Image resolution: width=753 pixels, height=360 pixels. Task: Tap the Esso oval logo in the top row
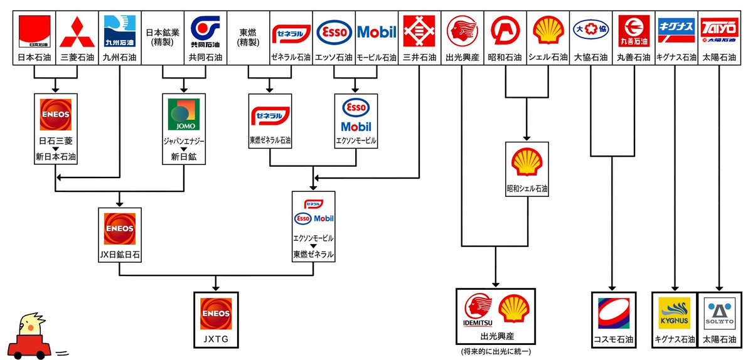point(334,32)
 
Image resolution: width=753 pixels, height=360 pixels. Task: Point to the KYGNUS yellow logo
point(674,313)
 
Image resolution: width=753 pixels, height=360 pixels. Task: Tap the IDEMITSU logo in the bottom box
point(479,310)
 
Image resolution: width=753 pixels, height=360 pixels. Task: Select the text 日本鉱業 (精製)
point(163,37)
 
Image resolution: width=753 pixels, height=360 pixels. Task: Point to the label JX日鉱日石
point(119,255)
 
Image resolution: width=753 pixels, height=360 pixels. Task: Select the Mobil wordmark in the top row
point(376,32)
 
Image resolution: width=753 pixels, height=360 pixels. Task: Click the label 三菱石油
point(77,58)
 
